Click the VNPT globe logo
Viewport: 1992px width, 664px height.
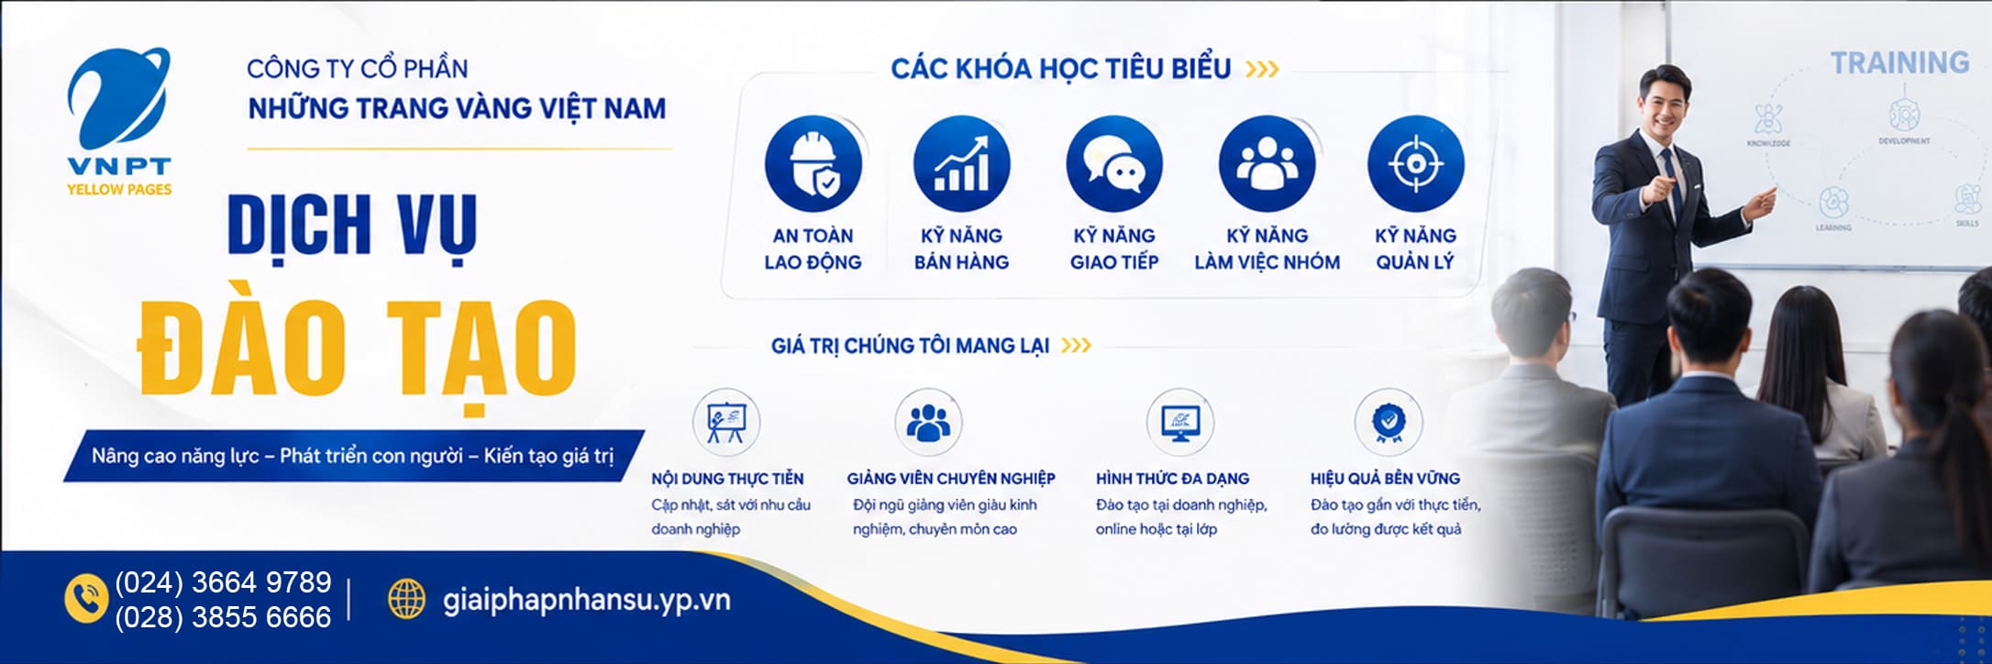[118, 99]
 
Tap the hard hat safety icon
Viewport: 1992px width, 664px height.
[813, 164]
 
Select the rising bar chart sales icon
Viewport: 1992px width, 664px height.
[961, 164]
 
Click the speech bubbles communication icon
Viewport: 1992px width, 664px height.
[1114, 164]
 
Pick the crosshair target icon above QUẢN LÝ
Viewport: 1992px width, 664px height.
[1415, 164]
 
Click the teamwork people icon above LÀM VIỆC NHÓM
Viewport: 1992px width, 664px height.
[1267, 164]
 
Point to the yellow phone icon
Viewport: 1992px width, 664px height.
[87, 599]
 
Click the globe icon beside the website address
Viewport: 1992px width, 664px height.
[406, 599]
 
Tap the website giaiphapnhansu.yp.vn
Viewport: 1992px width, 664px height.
[587, 601]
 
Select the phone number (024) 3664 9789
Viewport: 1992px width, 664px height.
[223, 582]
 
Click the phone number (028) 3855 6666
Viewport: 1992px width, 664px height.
[223, 617]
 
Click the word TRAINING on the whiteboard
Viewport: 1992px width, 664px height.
[1899, 62]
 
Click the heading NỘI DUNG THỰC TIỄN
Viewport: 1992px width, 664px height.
[727, 479]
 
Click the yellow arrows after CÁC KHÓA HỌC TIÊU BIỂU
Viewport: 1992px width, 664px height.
[1262, 69]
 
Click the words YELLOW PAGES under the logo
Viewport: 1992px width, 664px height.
[119, 190]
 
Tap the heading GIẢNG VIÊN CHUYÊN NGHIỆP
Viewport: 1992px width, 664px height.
[951, 479]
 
